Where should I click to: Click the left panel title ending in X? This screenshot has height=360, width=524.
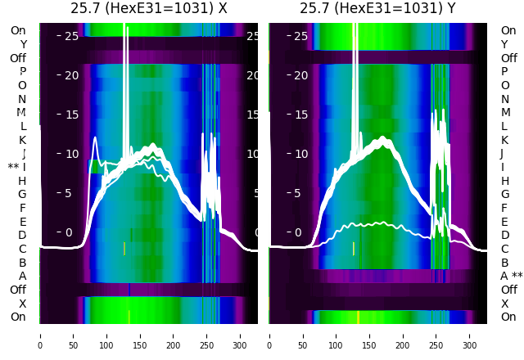point(148,8)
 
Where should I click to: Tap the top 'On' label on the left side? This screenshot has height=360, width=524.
point(18,30)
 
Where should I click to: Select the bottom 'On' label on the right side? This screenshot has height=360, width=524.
point(508,317)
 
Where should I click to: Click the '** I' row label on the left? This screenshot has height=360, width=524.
point(17,167)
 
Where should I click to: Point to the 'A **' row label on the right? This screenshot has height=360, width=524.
point(512,276)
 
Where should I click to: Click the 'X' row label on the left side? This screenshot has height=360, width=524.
point(23,304)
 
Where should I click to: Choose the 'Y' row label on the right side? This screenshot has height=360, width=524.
point(504,44)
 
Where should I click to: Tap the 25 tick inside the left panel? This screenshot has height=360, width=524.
point(71,36)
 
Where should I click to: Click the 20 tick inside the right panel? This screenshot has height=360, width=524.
point(300,75)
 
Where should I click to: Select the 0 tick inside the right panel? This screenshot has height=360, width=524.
point(298,232)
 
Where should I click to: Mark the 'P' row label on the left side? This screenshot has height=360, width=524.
point(23,71)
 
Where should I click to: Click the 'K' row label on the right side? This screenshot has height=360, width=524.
point(504,140)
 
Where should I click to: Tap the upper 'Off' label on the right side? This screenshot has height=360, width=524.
point(508,58)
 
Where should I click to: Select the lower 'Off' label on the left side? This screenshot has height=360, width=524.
point(18,290)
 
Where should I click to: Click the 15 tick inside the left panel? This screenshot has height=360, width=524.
point(71,115)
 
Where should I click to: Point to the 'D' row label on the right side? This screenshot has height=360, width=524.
point(504,235)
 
